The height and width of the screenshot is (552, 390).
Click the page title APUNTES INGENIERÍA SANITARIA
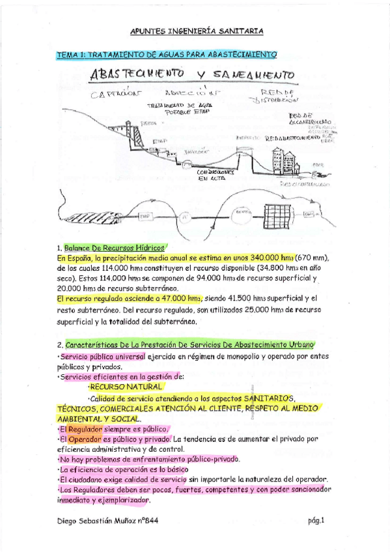(196, 30)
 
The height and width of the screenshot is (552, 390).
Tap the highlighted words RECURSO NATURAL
(126, 387)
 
